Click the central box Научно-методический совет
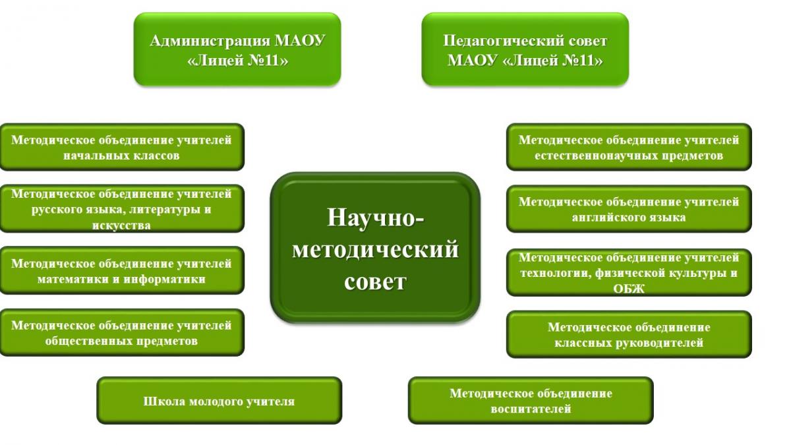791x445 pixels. coord(375,248)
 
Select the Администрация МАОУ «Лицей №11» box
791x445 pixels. coord(237,49)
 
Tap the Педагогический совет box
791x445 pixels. coord(525,49)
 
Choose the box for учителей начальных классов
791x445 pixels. coord(122,147)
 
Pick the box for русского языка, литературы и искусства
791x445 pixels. coord(122,209)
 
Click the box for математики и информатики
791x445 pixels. coord(122,270)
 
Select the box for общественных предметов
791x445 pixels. coord(122,333)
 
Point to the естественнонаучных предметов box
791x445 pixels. coord(629,147)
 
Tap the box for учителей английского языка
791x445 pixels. coord(629,209)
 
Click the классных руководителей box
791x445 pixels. coord(629,334)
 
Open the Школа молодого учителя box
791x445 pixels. coord(220,401)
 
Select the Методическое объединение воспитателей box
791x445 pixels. coord(531,401)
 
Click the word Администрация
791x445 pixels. coord(210,41)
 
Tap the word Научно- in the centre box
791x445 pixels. coord(375,217)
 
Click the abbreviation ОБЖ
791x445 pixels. coord(629,289)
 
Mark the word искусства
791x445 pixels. coord(121,225)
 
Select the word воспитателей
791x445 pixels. coord(531,409)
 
